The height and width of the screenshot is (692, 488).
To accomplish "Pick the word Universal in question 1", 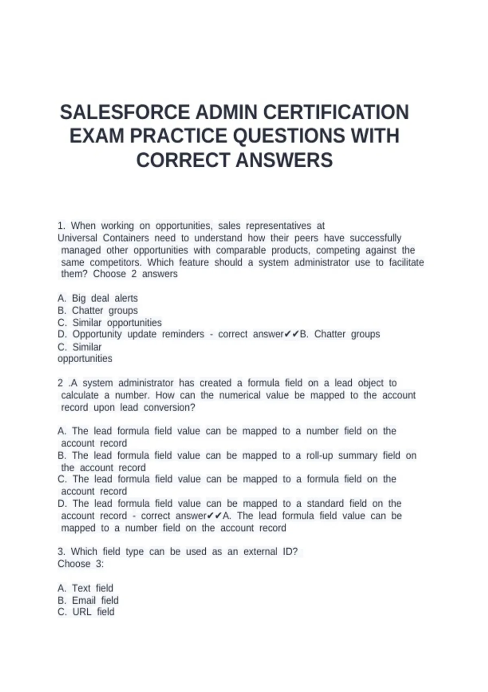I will pos(77,238).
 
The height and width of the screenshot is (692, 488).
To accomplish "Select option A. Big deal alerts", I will pos(98,298).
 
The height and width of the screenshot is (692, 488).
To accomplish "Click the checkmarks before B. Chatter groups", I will pos(292,334).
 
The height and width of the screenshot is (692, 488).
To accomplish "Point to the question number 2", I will pos(60,383).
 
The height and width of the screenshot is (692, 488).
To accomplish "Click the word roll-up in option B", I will pos(319,455).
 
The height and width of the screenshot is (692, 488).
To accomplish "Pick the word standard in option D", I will pos(324,504).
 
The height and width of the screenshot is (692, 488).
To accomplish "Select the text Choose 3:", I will pos(81,564).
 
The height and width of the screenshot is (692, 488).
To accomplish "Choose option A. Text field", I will pos(85,588).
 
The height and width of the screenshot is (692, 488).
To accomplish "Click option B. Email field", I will pos(88,600).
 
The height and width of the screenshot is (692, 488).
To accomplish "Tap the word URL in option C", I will pos(82,612).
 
